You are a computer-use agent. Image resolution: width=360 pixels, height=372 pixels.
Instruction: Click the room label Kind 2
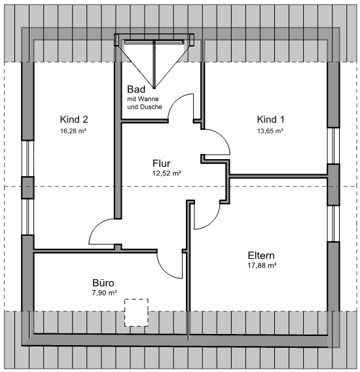click(x=74, y=119)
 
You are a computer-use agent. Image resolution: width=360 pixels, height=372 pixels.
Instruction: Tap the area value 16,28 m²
click(x=73, y=131)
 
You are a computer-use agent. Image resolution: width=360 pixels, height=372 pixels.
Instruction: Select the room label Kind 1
click(x=270, y=119)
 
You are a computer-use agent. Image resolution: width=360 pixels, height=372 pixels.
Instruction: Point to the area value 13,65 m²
click(x=270, y=131)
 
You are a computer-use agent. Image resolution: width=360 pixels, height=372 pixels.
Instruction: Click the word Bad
click(x=136, y=90)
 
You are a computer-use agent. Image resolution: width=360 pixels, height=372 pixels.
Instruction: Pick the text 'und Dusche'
click(x=145, y=107)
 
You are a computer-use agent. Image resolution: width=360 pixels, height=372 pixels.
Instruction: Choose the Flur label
click(x=161, y=164)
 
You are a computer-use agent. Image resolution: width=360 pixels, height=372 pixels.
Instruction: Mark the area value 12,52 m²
click(x=167, y=174)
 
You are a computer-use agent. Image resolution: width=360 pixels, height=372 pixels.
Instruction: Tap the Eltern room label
click(x=261, y=255)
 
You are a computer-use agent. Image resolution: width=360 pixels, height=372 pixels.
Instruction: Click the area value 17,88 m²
click(x=262, y=265)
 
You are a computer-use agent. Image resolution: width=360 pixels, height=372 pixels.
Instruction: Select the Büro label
click(x=103, y=283)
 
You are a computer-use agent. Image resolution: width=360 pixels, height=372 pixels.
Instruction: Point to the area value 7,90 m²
click(x=105, y=293)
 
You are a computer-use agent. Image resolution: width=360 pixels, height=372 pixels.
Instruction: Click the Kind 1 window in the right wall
click(x=333, y=146)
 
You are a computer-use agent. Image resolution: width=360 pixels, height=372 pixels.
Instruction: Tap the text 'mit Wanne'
click(x=143, y=99)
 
